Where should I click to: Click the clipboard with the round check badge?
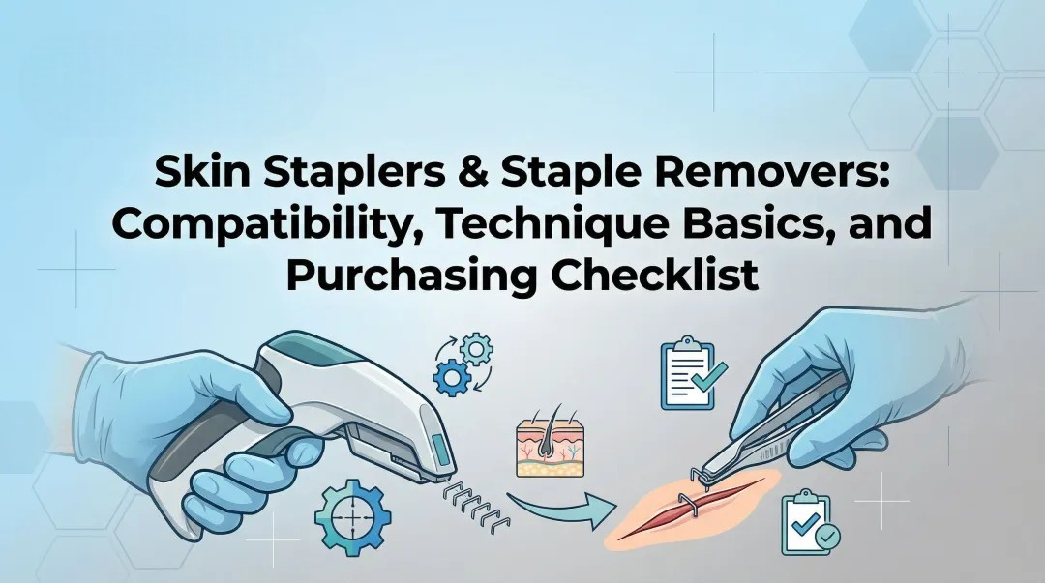tap(808, 523)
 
